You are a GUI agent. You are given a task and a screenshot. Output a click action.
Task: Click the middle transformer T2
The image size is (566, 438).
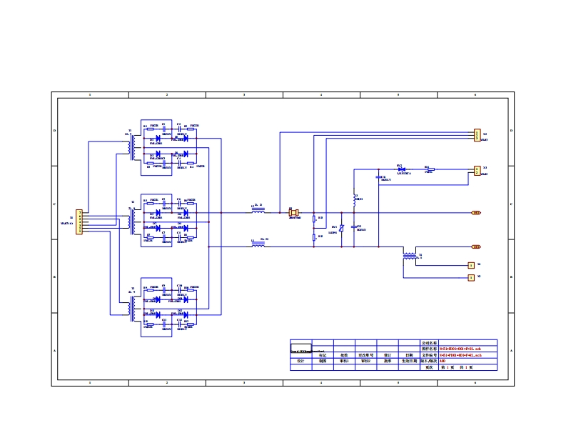pyautogui.click(x=132, y=222)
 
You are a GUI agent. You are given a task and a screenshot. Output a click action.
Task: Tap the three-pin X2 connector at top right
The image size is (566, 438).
pyautogui.click(x=477, y=135)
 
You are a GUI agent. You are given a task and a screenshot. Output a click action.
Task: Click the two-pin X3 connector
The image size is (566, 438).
pyautogui.click(x=477, y=171)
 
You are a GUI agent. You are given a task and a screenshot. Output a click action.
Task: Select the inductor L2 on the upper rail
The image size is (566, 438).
pyautogui.click(x=258, y=212)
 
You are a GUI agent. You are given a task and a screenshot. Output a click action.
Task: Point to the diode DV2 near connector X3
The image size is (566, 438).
pyautogui.click(x=401, y=169)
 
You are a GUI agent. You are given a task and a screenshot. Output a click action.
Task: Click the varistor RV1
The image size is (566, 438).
pyautogui.click(x=342, y=229)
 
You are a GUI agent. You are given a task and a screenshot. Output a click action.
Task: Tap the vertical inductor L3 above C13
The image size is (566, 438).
pyautogui.click(x=354, y=196)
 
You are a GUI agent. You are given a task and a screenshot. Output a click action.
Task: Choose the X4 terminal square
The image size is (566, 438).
pyautogui.click(x=470, y=265)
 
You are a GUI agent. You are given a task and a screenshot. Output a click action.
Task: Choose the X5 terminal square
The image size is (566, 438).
pyautogui.click(x=470, y=277)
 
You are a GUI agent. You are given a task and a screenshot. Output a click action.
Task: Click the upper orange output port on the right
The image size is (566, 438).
pyautogui.click(x=476, y=212)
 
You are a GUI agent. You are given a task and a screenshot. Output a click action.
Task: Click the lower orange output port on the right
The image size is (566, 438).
pyautogui.click(x=476, y=247)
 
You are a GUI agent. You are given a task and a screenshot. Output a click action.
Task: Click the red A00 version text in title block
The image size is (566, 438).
pyautogui.click(x=443, y=361)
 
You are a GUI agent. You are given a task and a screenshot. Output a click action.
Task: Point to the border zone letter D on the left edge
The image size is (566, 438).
pyautogui.click(x=54, y=130)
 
